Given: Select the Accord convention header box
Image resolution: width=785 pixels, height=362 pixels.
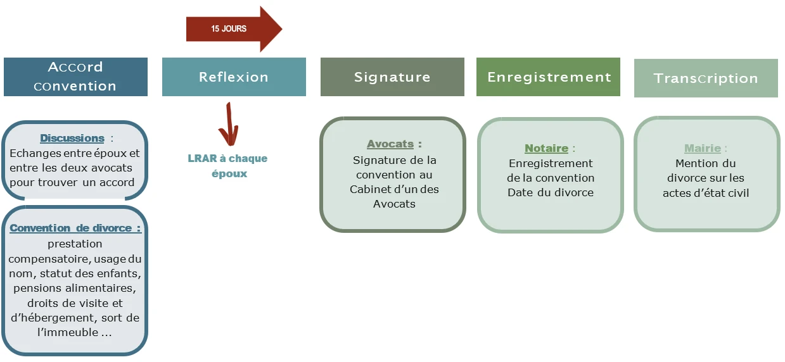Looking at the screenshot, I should [75, 77].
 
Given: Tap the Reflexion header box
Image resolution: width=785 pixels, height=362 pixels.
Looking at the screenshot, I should [234, 77].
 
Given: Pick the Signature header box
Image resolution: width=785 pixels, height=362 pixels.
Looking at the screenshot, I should [392, 77].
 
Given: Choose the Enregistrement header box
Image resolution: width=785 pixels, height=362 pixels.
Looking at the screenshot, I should [549, 77].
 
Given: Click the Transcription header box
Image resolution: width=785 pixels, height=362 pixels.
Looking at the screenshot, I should [706, 78].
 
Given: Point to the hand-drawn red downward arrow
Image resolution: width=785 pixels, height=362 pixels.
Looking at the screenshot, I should [228, 125].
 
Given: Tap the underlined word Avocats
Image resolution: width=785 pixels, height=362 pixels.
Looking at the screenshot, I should [390, 144].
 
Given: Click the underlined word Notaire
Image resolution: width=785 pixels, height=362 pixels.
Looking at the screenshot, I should [546, 148].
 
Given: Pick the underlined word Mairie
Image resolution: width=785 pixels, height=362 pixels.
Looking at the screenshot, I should [703, 148].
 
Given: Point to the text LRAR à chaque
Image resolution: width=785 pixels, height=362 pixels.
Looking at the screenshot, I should [228, 158].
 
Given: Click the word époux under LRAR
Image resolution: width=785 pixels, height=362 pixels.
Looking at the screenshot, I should [229, 173].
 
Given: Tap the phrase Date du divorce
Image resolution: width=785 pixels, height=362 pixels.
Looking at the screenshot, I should [551, 192].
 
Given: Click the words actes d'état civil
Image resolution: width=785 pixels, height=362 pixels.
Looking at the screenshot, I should [706, 193].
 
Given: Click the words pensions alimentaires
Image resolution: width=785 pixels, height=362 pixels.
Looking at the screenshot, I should [75, 288].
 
